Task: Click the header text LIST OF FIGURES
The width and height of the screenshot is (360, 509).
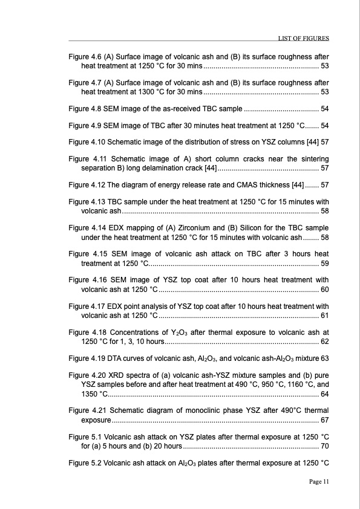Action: [x=303, y=39]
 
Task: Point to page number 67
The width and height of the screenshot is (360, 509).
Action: [x=324, y=420]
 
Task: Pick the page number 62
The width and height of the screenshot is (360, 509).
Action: [x=324, y=342]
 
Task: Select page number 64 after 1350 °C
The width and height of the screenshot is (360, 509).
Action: [x=324, y=394]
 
